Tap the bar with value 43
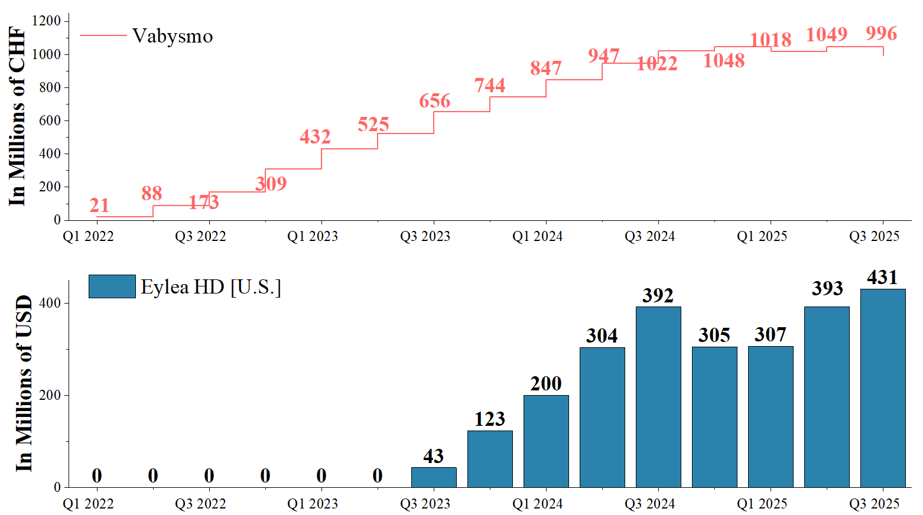click(434, 477)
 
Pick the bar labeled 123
click(490, 459)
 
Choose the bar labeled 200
click(546, 441)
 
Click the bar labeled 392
click(658, 397)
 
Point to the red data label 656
click(434, 101)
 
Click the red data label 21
click(99, 206)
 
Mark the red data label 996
click(881, 34)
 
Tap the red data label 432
click(314, 137)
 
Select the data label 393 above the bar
click(827, 288)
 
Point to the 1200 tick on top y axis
click(46, 21)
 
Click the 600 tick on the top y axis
click(50, 120)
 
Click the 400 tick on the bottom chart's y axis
click(50, 303)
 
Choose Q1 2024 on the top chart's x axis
click(537, 237)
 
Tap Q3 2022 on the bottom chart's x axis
click(200, 504)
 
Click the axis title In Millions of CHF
click(18, 116)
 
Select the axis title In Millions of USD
click(24, 384)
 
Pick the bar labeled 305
click(714, 416)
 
